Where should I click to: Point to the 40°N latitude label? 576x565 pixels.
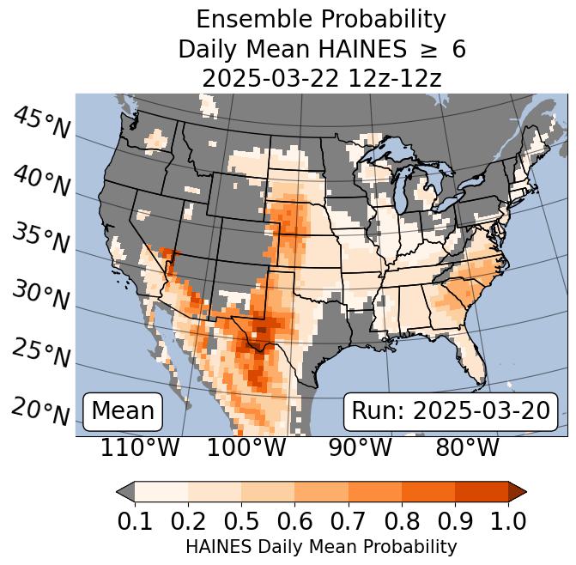click(41, 181)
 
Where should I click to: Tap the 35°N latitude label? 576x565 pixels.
click(41, 239)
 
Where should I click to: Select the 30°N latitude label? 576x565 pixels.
click(41, 296)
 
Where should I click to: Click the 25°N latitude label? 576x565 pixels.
click(41, 354)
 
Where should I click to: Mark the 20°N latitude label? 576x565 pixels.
click(41, 411)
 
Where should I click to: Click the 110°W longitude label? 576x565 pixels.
click(140, 447)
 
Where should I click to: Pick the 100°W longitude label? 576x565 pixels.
click(246, 447)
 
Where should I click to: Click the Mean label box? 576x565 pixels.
click(123, 411)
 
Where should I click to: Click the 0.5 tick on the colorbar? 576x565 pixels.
click(241, 520)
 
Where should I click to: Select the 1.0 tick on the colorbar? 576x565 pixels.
click(506, 520)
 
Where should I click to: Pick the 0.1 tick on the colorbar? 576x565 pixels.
click(136, 520)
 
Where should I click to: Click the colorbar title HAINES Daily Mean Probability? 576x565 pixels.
click(321, 546)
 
